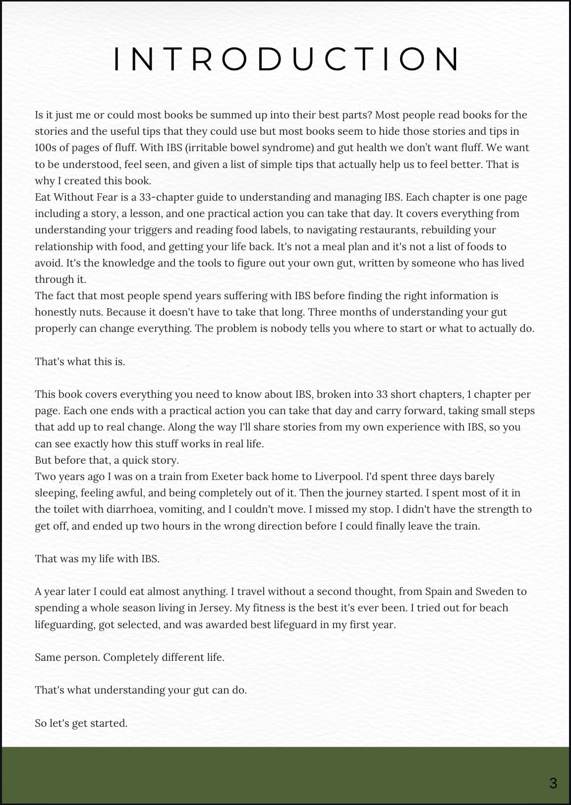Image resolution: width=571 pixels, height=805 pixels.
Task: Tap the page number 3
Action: (x=553, y=783)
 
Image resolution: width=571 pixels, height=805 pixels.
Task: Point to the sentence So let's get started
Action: (x=81, y=723)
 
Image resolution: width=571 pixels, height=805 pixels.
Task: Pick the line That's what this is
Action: (x=80, y=362)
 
